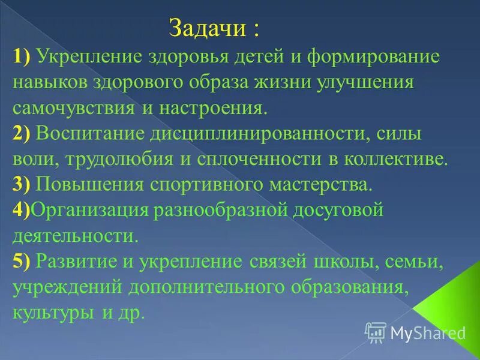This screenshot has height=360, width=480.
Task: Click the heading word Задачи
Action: [207, 28]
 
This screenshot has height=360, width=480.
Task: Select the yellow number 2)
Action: [22, 134]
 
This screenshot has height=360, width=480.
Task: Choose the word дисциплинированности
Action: [244, 134]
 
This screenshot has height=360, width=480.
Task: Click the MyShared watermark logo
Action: [416, 332]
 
